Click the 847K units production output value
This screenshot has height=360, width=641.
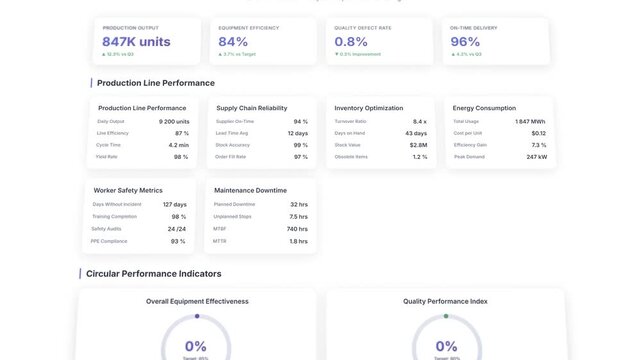click(136, 42)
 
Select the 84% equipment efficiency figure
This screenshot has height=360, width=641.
click(233, 42)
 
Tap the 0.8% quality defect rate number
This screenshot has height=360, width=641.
click(352, 42)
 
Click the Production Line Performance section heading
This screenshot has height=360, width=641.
click(155, 83)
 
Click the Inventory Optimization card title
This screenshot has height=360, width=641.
click(369, 108)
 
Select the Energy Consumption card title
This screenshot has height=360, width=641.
click(484, 108)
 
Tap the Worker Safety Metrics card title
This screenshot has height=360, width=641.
click(128, 190)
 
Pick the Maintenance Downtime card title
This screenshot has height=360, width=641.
click(250, 190)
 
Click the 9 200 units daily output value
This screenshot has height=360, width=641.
click(174, 121)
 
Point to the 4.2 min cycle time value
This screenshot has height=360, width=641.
click(178, 145)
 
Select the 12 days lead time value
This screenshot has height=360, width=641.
click(298, 133)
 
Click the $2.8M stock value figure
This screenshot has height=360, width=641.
click(418, 145)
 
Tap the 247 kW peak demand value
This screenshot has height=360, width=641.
click(536, 157)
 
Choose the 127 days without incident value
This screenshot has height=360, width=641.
click(175, 204)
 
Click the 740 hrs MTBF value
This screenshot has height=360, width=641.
click(297, 229)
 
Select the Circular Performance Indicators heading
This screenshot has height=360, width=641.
click(154, 273)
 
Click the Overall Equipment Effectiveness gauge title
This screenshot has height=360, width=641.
click(197, 301)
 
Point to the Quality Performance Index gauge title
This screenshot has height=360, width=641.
click(445, 301)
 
